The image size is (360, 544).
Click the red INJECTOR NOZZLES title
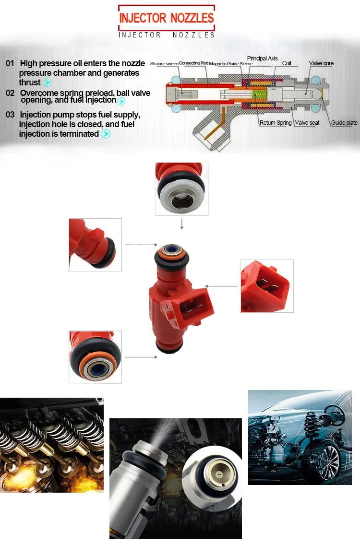pos(167,18)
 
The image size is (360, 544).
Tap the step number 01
pos(10,63)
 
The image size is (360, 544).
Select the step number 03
pos(10,115)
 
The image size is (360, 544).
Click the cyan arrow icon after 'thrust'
pos(47,83)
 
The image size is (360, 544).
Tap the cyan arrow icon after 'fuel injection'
pos(121,101)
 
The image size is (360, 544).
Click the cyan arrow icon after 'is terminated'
pos(106,134)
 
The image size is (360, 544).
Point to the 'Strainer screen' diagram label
pos(164,64)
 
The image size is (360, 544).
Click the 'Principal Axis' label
pos(262,59)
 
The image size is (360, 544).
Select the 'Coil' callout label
pos(287,63)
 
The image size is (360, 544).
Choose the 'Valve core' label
pos(321,63)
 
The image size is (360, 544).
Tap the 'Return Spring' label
pos(276,123)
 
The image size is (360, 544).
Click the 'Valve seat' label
pos(307,123)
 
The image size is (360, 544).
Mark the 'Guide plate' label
pos(344,123)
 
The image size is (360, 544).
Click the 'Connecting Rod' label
pos(193,63)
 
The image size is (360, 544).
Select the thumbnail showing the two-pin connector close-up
pos(267,286)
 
